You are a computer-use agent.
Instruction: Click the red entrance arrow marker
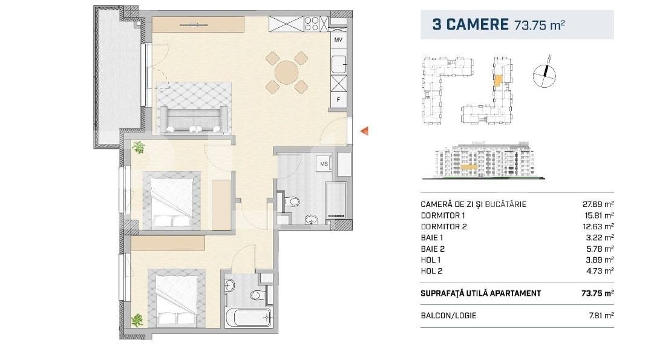[x=364, y=131]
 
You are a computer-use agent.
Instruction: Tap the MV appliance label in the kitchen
[x=338, y=40]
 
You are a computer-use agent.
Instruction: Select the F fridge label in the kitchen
[x=338, y=100]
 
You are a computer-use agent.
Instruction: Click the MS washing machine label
[x=324, y=164]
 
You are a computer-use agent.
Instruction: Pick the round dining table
[x=286, y=73]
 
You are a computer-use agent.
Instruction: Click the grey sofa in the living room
[x=194, y=119]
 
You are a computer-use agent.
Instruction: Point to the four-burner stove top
[x=312, y=24]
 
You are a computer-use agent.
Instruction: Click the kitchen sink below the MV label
[x=339, y=64]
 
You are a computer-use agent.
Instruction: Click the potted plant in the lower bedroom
[x=137, y=319]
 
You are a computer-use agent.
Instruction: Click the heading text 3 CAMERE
[x=470, y=24]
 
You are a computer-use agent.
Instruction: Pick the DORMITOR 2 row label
[x=443, y=226]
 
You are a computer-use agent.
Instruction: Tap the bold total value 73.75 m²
[x=598, y=293]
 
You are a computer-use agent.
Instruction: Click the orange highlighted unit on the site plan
[x=499, y=80]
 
